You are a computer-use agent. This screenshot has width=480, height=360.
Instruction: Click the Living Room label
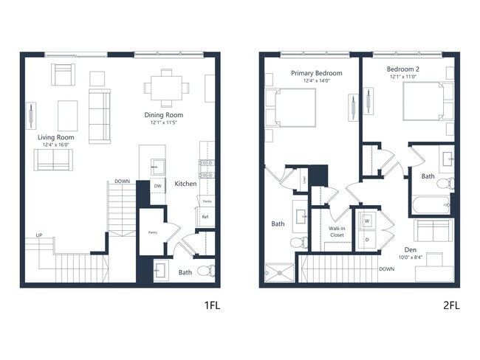point(55,137)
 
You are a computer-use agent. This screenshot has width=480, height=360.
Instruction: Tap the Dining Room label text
point(163,115)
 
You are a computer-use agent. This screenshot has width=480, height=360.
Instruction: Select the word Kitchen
point(185,184)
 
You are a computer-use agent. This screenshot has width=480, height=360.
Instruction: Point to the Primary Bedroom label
point(316,73)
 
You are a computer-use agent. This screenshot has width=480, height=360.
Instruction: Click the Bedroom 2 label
point(402,69)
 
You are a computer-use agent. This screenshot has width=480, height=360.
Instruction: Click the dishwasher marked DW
point(157,186)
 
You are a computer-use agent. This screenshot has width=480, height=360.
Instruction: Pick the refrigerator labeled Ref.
point(206,217)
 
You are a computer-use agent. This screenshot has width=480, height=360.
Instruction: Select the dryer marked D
point(366,239)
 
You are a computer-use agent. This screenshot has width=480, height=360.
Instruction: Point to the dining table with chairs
point(167,87)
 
